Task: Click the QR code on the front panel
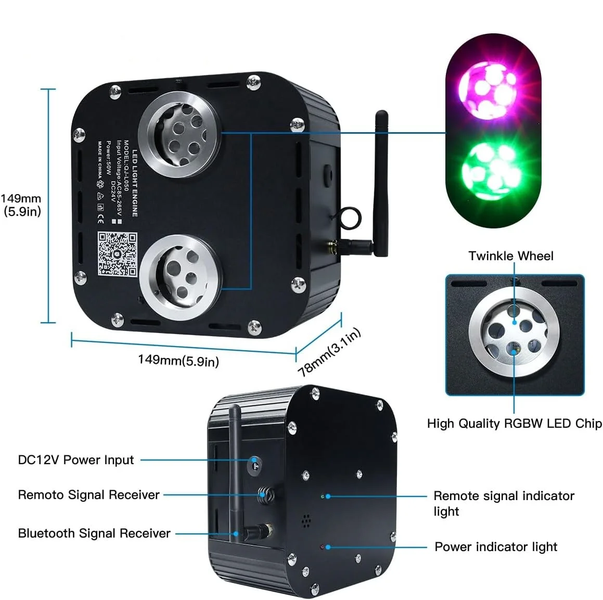(118, 254)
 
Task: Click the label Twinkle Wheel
(510, 256)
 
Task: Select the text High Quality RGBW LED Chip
(514, 424)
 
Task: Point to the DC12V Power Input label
(76, 460)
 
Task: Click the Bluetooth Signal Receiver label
(94, 533)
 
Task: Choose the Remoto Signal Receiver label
(89, 495)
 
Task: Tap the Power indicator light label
(496, 547)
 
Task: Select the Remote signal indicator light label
(504, 503)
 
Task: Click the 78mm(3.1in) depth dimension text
(329, 352)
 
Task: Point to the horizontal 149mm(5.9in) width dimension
(178, 360)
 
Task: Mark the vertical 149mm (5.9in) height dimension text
(21, 205)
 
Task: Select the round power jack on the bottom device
(254, 462)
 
